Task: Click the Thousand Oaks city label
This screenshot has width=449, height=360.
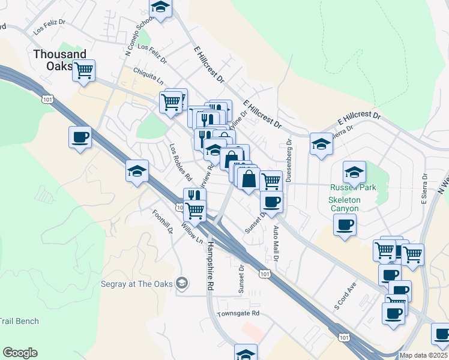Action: coord(59,59)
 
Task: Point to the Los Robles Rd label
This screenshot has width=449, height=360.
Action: coord(179,162)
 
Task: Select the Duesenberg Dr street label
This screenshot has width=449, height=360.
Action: coord(289,160)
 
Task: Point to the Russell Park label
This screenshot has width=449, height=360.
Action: coord(353,187)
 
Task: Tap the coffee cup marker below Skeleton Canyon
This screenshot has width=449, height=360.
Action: coord(345,226)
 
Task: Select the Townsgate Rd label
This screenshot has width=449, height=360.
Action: coord(238,313)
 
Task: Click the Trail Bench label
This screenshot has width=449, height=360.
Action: coord(19,321)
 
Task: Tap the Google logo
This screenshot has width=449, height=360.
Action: coord(20,353)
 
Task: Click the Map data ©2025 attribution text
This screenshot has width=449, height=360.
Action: coord(424,355)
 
